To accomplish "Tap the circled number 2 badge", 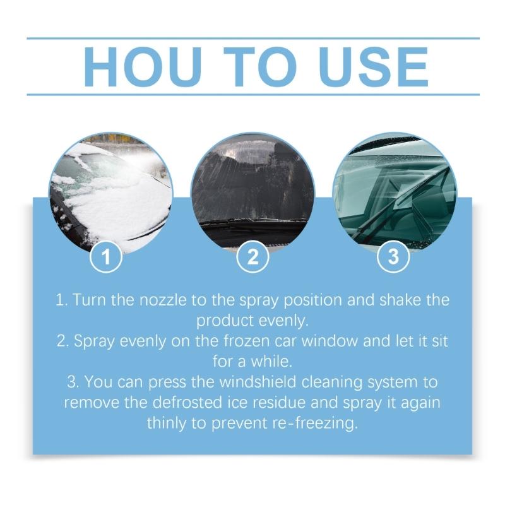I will click(x=252, y=257).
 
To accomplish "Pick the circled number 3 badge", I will click(x=394, y=257).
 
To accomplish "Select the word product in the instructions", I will click(x=221, y=320).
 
